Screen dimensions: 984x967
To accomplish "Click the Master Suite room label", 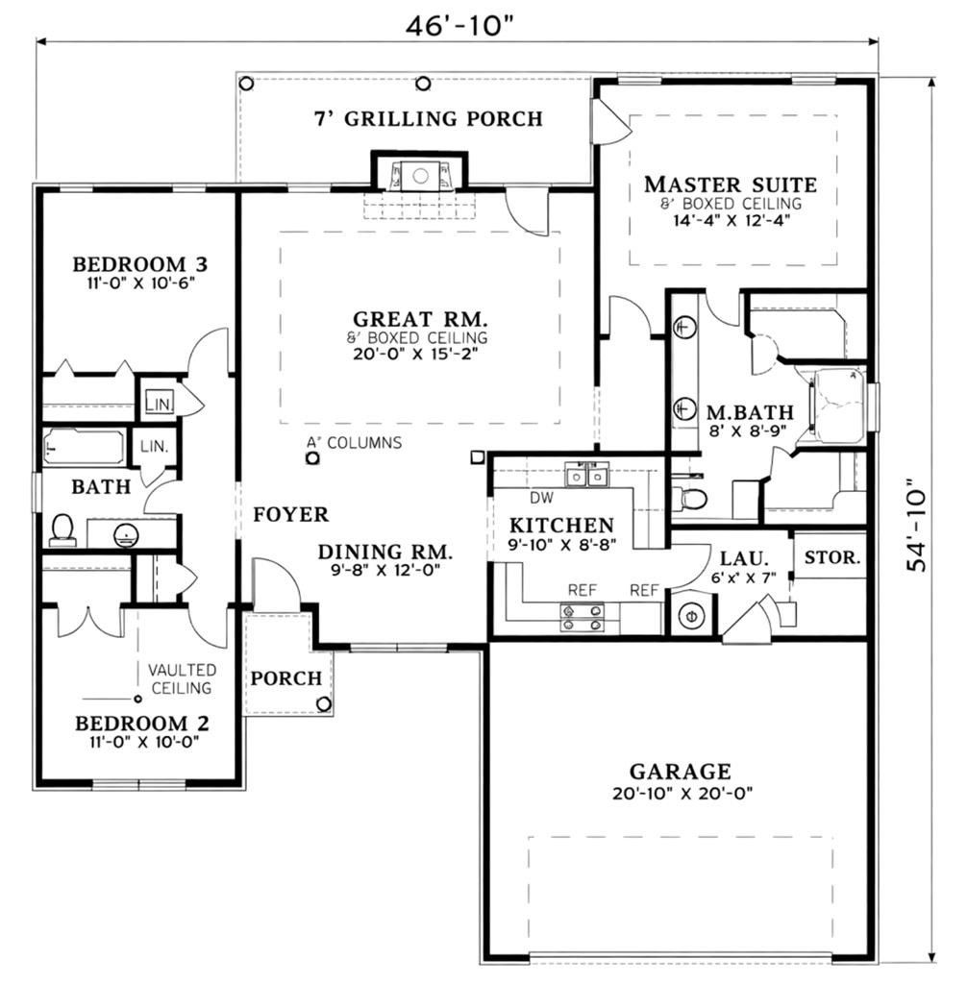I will click(x=731, y=184).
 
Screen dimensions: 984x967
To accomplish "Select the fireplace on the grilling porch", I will click(x=419, y=175).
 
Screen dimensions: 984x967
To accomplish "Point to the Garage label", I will click(x=680, y=771).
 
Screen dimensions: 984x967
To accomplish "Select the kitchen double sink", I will click(x=586, y=475).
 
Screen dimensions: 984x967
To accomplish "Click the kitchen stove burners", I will click(x=583, y=617).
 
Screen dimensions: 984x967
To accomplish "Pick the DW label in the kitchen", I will click(x=540, y=498).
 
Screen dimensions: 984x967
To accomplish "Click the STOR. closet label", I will click(x=831, y=556).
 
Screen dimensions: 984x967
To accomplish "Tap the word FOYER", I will click(x=290, y=515).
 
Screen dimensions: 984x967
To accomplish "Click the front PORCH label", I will click(x=285, y=678).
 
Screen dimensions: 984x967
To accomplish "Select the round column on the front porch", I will click(x=324, y=703).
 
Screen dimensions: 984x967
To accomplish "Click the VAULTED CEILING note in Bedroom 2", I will click(x=181, y=678).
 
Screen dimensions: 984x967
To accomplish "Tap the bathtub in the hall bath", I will click(x=84, y=447).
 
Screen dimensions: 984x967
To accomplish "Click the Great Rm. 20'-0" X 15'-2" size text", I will click(x=416, y=354).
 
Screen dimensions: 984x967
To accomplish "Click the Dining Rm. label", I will click(x=385, y=552).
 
